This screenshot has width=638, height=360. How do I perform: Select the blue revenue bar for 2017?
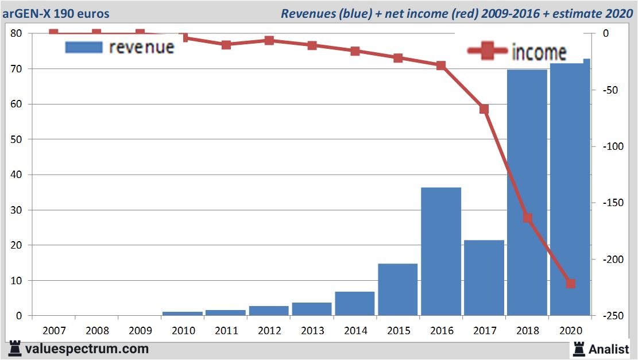[x=484, y=278]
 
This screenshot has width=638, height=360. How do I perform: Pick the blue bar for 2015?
[x=398, y=289]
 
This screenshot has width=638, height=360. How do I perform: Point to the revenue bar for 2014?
[x=355, y=303]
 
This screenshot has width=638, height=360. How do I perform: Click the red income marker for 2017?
[x=484, y=109]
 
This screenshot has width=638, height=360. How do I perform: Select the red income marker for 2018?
[x=528, y=218]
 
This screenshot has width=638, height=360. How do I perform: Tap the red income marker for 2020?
[x=571, y=284]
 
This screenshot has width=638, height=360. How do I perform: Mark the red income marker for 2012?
[x=269, y=40]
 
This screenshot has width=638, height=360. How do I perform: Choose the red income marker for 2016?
[x=441, y=65]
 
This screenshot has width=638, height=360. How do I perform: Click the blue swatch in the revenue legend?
[x=84, y=47]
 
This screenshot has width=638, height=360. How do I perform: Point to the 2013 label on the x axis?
[x=312, y=331]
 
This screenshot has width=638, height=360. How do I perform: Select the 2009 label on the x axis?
[x=140, y=331]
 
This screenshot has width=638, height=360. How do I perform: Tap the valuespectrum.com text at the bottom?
[x=87, y=349]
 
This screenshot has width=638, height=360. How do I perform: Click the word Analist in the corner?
[x=609, y=349]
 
